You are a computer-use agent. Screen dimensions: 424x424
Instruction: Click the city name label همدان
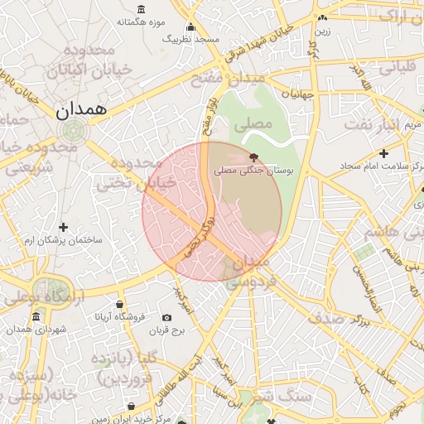click(x=80, y=110)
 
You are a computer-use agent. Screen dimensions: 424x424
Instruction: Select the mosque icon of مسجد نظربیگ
click(x=191, y=27)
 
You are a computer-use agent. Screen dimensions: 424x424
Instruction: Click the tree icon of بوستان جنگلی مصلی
click(x=253, y=157)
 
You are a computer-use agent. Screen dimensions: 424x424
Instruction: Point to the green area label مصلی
click(x=253, y=126)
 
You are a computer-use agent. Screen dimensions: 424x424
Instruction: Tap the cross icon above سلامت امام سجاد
click(x=383, y=153)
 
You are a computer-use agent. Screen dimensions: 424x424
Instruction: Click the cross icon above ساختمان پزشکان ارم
click(x=63, y=227)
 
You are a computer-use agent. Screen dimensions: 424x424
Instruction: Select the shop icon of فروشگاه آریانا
click(x=120, y=304)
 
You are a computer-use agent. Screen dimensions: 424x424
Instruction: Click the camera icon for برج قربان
click(x=166, y=318)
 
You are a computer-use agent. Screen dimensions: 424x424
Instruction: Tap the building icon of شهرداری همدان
click(x=36, y=317)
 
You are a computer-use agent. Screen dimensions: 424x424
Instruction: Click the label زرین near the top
click(x=321, y=31)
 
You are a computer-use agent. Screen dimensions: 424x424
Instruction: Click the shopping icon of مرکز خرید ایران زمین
click(x=133, y=406)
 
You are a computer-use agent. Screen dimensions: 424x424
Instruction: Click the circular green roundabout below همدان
click(x=74, y=131)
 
